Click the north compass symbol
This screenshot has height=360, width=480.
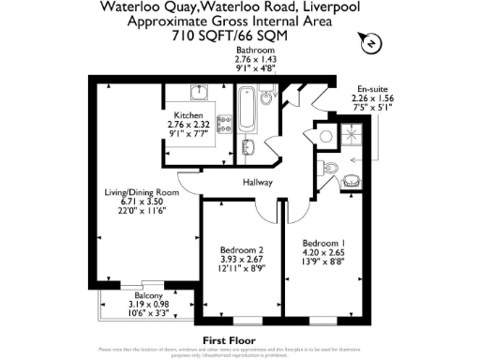(368, 41)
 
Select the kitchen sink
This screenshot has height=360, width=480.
(199, 93)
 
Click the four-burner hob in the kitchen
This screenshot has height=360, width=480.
(225, 123)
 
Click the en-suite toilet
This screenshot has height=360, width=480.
(325, 136)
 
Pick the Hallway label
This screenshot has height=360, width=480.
(257, 182)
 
